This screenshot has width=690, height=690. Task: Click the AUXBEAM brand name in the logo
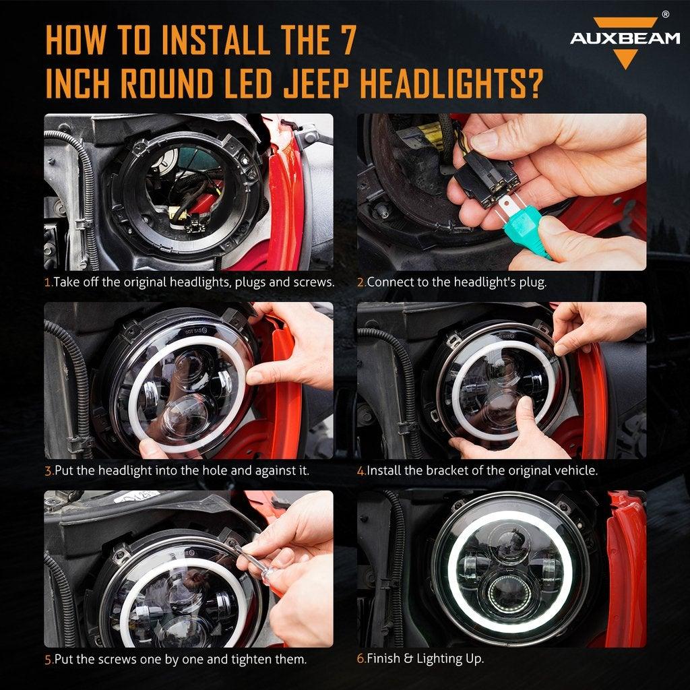pyautogui.click(x=625, y=38)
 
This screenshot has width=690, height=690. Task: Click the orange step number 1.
pyautogui.click(x=47, y=282)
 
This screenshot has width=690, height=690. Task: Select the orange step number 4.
pyautogui.click(x=360, y=470)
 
